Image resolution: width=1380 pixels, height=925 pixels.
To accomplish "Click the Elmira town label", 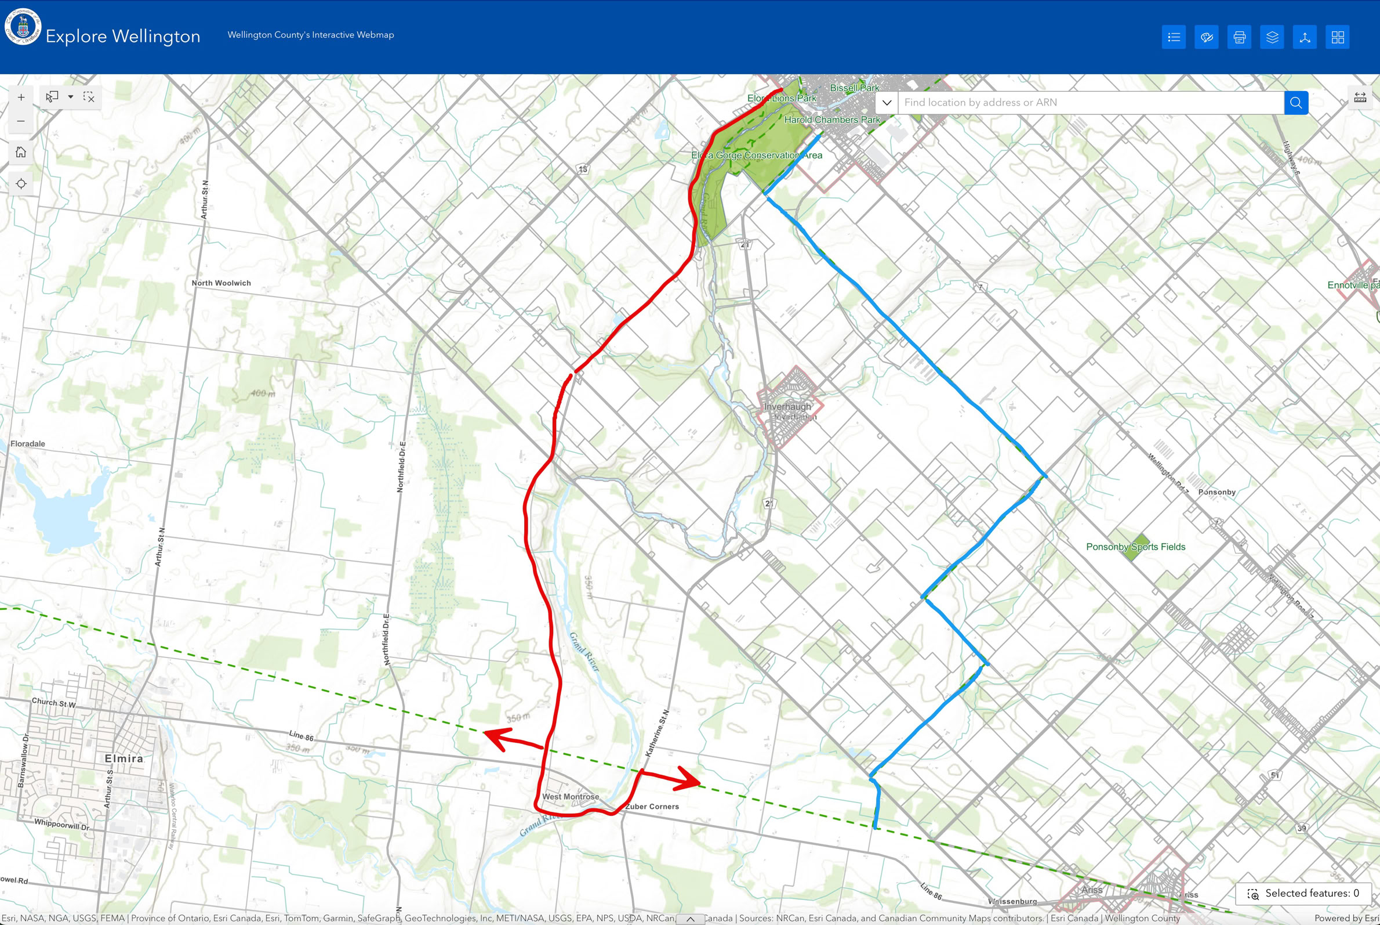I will (x=124, y=758).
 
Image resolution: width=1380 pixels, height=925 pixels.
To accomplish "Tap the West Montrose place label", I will (x=570, y=796).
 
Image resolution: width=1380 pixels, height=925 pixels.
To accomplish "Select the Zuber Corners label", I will (x=652, y=807).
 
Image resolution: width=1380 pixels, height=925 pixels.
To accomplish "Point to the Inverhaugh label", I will (x=787, y=406).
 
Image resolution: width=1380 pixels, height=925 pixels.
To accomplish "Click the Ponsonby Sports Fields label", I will (x=1135, y=547).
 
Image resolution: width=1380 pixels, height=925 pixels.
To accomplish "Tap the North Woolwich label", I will (x=221, y=283).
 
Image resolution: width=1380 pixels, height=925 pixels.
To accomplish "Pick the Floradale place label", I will (x=28, y=443).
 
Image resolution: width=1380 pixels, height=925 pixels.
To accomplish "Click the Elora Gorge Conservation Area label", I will (x=756, y=155).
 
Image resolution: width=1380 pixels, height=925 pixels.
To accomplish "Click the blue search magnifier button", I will (x=1296, y=103).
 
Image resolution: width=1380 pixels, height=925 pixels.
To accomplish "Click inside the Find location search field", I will (x=1091, y=103).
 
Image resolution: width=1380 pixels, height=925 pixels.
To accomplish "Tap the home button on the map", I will (x=21, y=152).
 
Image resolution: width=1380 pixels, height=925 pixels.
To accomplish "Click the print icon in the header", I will (x=1239, y=37).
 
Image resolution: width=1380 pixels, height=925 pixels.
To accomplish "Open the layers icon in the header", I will (x=1272, y=37).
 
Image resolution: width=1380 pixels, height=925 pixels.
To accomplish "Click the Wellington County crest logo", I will (x=23, y=27).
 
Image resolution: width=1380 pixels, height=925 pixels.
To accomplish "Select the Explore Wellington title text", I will (x=122, y=36).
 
